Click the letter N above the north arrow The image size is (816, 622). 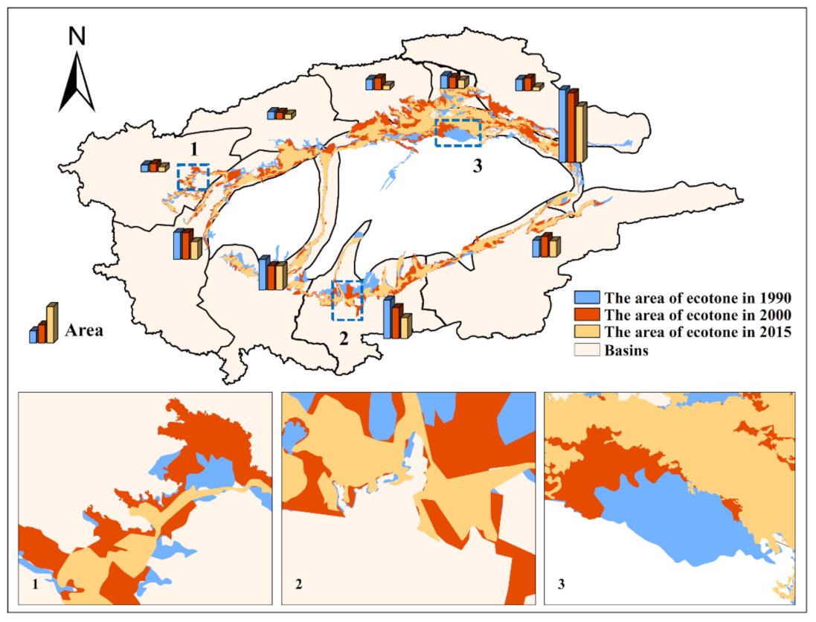click(x=77, y=36)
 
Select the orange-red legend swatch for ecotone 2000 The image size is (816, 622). click(x=587, y=315)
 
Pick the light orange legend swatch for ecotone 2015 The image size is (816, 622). click(x=587, y=332)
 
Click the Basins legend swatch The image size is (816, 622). click(x=587, y=350)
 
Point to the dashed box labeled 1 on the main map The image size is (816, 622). click(x=193, y=177)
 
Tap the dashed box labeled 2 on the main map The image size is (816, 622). click(x=347, y=300)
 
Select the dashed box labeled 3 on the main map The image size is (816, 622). click(x=458, y=132)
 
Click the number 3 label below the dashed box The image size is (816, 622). click(x=478, y=167)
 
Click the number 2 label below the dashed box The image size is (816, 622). click(x=343, y=339)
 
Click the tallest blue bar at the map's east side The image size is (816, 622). click(x=564, y=124)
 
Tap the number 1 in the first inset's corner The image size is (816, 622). click(x=36, y=585)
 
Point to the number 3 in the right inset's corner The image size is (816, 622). click(x=562, y=585)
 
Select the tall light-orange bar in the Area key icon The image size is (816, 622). click(x=51, y=324)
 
